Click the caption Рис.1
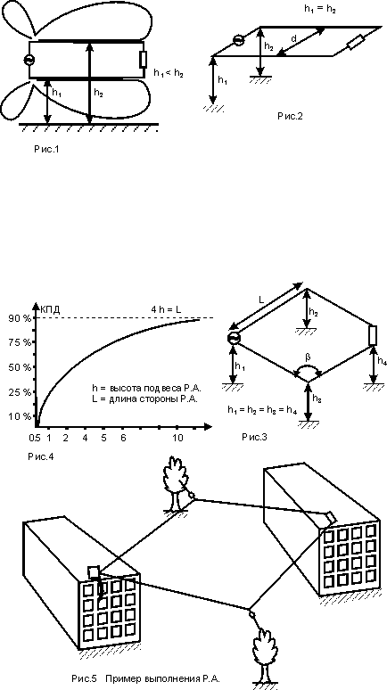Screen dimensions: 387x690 tap(46, 150)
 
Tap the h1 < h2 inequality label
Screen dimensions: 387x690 tap(168, 73)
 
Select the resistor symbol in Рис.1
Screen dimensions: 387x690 tap(143, 60)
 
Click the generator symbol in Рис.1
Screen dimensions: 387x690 tap(29, 61)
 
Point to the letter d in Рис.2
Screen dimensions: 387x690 tap(293, 39)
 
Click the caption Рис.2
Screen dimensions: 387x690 tap(290, 116)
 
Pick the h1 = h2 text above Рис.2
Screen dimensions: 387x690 tap(319, 10)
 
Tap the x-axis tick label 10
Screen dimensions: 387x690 tap(177, 438)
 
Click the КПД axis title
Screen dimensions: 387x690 tap(50, 309)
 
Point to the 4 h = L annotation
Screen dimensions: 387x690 tap(166, 309)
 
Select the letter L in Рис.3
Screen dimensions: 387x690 tap(261, 300)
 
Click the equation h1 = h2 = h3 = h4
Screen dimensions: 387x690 tap(262, 410)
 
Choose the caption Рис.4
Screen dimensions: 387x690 tap(41, 456)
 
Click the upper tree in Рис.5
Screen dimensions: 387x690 tap(175, 483)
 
